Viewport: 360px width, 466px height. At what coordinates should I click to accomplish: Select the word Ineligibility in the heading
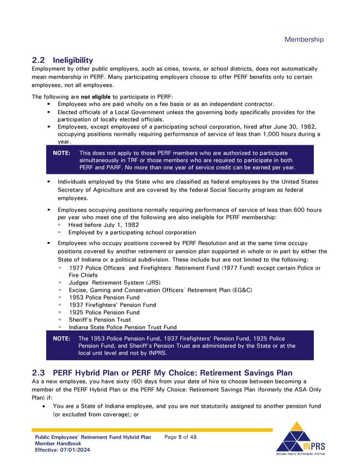coord(73,61)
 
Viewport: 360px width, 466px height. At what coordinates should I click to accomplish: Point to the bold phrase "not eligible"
coord(95,96)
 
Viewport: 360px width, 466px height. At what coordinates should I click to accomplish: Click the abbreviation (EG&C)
coord(239,290)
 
